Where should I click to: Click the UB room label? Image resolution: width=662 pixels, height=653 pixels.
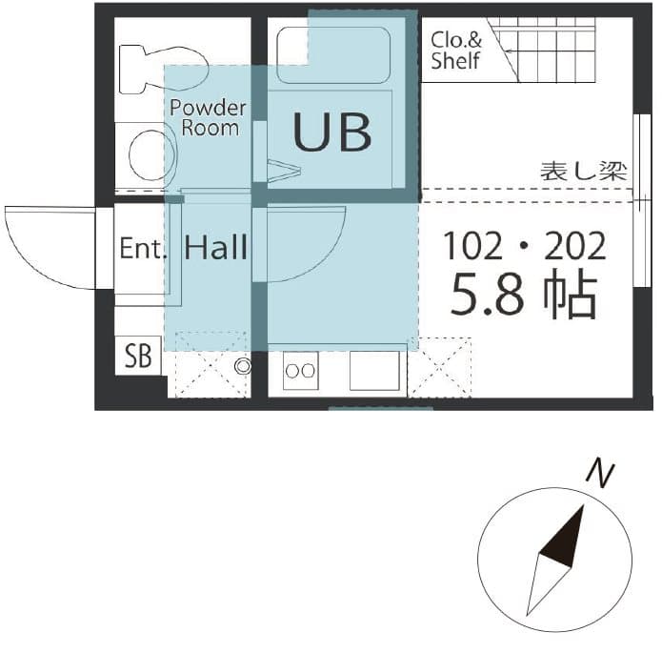[331, 133]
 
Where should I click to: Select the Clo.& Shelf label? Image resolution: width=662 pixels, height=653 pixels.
[455, 51]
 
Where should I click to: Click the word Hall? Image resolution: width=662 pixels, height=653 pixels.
[216, 248]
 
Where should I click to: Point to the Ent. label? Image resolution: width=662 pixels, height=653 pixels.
[144, 249]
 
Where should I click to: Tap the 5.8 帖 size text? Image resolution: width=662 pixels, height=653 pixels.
[524, 296]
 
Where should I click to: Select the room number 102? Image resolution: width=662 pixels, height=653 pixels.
[473, 247]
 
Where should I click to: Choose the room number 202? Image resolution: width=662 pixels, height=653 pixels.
[574, 247]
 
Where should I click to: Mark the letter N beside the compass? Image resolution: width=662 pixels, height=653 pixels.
[597, 471]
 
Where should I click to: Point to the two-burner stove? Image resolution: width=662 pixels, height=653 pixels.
[301, 371]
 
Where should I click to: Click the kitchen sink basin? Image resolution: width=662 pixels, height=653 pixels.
[373, 370]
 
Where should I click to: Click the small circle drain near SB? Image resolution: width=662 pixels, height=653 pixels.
[242, 366]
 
